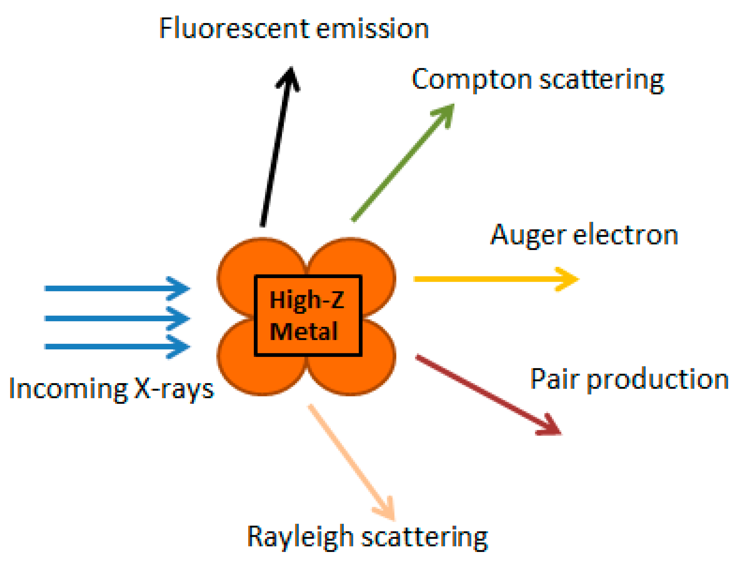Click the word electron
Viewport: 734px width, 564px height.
625,235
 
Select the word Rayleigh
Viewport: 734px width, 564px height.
300,537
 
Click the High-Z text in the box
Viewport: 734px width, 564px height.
306,300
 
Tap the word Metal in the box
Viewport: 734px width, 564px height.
303,331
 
